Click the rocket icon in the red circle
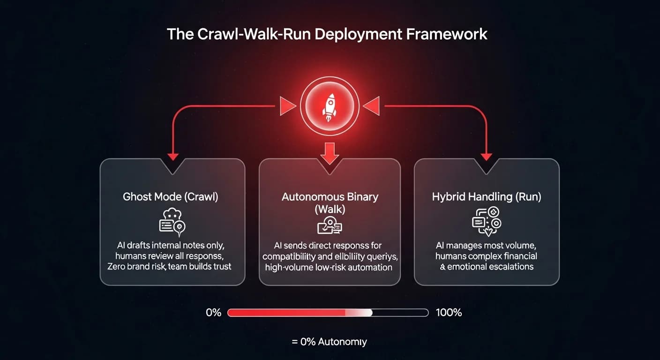coord(330,107)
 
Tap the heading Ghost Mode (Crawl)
coord(171,196)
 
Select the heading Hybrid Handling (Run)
coord(487,196)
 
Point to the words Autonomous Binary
coord(330,196)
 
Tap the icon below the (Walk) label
coord(330,225)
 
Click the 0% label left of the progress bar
coord(213,313)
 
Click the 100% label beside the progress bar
coord(449,313)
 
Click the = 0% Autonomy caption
coord(329,342)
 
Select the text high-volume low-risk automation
coord(329,268)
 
